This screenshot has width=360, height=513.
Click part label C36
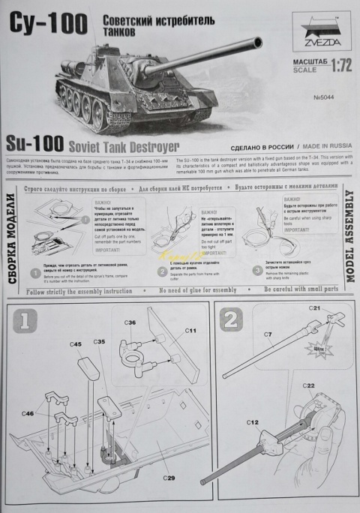[130, 322]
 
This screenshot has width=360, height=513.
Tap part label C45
[76, 344]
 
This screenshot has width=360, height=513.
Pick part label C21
[315, 309]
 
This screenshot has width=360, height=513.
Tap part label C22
[308, 385]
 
